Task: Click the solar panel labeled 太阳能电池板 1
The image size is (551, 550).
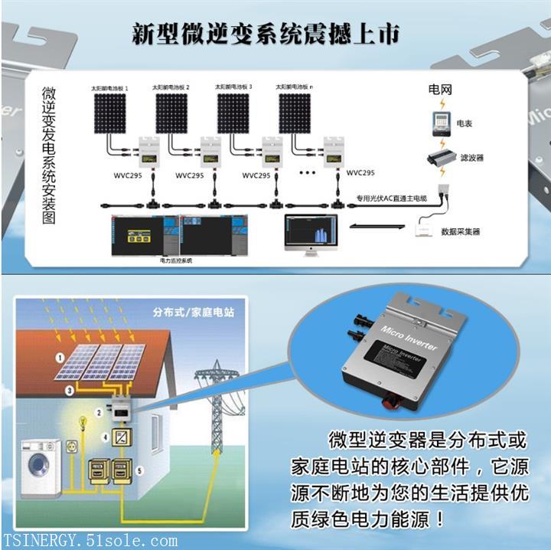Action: pos(110,113)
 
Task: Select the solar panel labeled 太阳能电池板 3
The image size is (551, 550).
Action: pos(233,113)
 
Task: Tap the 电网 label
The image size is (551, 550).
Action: pos(440,90)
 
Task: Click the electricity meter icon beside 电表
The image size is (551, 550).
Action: pos(440,122)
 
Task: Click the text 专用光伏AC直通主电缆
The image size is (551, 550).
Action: pos(391,198)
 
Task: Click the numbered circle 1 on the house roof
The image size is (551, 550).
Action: pos(59,358)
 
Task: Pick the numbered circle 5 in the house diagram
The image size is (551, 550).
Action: pos(140,470)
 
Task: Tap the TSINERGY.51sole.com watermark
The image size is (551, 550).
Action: pos(90,541)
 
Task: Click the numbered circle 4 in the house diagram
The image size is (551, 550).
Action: pos(105,437)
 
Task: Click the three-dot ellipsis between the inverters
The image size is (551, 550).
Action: pos(307,173)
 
